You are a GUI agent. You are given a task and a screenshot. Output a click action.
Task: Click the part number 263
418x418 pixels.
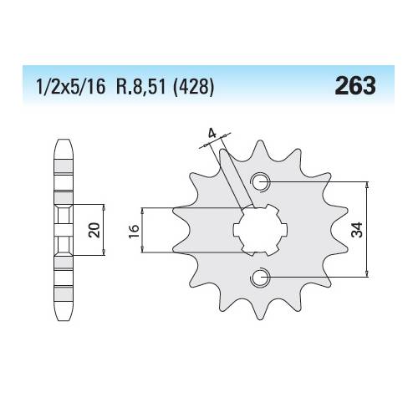pos(355,85)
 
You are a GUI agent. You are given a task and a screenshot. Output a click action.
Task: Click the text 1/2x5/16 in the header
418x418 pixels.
pos(71,87)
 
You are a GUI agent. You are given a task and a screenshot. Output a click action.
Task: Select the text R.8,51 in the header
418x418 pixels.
pos(140,87)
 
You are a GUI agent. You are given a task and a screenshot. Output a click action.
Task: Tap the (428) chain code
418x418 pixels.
pos(193,87)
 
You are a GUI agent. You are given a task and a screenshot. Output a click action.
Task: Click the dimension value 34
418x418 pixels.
pos(357,230)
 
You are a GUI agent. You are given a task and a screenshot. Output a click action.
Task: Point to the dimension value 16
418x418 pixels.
pos(134,231)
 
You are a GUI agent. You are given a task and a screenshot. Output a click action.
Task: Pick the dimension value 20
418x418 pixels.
pos(94,230)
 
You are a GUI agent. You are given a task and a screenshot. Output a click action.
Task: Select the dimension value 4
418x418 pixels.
pos(212,134)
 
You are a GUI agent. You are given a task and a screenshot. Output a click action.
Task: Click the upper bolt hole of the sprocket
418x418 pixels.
pos(261,182)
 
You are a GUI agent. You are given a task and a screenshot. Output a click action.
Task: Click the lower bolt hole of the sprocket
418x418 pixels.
pos(260,278)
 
